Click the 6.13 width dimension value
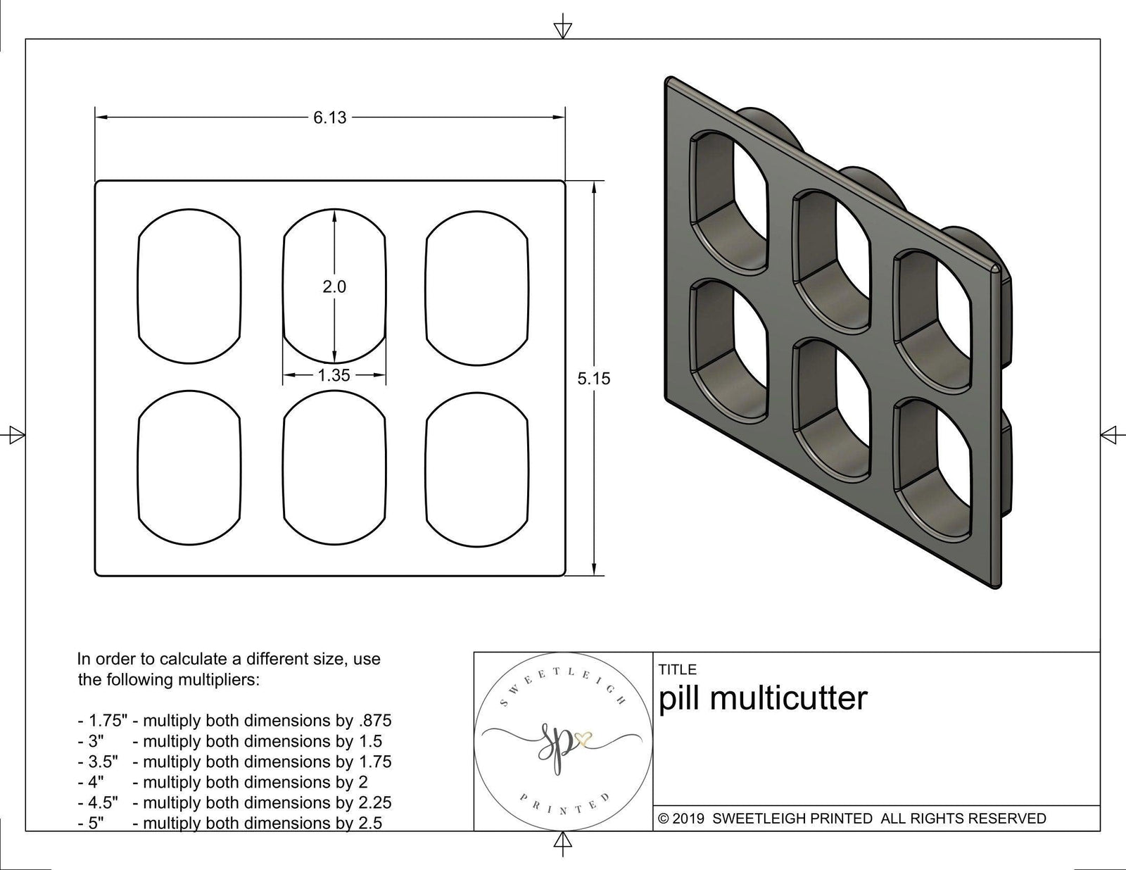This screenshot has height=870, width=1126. point(330,118)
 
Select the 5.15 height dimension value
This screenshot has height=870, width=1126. point(594,379)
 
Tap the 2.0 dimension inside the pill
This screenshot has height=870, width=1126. point(334,286)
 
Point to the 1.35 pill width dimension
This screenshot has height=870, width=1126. point(334,375)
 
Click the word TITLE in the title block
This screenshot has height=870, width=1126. point(678,669)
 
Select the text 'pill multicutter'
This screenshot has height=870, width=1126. point(763,698)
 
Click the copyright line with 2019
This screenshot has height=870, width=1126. point(852,819)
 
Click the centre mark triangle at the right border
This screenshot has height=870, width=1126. point(1109,434)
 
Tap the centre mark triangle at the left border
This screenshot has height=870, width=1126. point(16,435)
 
